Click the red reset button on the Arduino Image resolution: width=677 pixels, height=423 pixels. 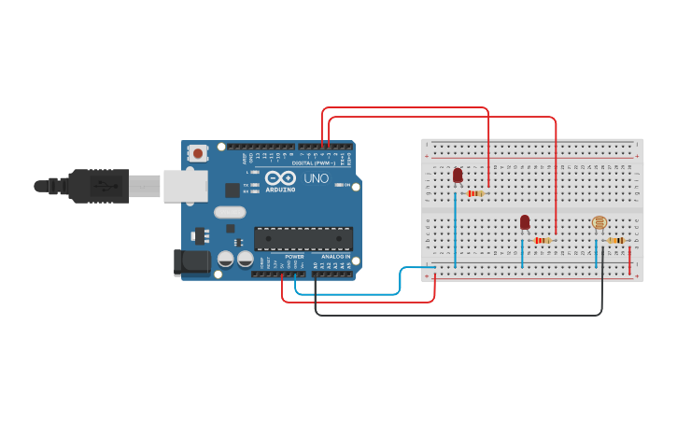click(x=197, y=153)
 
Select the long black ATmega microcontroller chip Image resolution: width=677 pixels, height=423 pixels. click(x=303, y=239)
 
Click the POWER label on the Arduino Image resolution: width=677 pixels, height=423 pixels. click(x=294, y=256)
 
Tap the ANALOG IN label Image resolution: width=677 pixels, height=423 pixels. click(x=336, y=256)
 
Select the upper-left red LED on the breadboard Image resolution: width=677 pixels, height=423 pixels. click(x=458, y=175)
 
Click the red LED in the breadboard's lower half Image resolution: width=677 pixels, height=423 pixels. click(x=525, y=221)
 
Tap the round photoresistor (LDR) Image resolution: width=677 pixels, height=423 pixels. click(x=599, y=222)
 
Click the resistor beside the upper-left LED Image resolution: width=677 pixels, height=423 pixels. click(x=476, y=193)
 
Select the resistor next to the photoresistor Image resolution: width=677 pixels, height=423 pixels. click(x=616, y=240)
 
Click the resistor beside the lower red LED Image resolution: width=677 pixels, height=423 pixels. click(x=543, y=240)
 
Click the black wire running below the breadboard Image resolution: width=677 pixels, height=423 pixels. click(x=458, y=315)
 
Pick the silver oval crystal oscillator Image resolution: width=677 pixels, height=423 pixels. click(x=230, y=212)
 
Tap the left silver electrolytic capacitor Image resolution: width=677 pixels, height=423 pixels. click(x=226, y=259)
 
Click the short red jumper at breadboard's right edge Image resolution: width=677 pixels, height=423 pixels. click(x=630, y=261)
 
